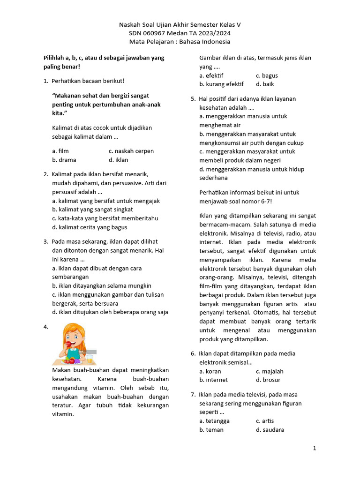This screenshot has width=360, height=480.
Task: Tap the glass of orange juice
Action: tap(90, 359)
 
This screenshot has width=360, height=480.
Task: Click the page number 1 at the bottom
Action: tap(315, 449)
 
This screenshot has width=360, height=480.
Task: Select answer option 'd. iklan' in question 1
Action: tap(118, 160)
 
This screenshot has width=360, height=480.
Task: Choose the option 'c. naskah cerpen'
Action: tap(131, 151)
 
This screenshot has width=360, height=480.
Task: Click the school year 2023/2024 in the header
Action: tap(214, 33)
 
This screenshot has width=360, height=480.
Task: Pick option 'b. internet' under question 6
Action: tap(213, 380)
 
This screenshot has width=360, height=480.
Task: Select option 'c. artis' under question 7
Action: tap(265, 421)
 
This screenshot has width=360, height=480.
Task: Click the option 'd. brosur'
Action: tap(268, 380)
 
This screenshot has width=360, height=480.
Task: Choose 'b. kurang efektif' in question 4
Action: tap(221, 84)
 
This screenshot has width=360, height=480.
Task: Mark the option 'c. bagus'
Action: tap(267, 75)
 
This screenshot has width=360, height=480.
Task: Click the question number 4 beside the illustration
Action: tap(46, 327)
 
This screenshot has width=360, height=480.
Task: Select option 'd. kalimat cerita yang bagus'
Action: tap(90, 227)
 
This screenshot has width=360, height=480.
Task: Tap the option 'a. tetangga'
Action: tap(214, 421)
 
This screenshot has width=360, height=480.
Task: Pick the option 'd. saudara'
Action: tap(270, 430)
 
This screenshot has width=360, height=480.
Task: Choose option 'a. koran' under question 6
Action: tap(210, 371)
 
